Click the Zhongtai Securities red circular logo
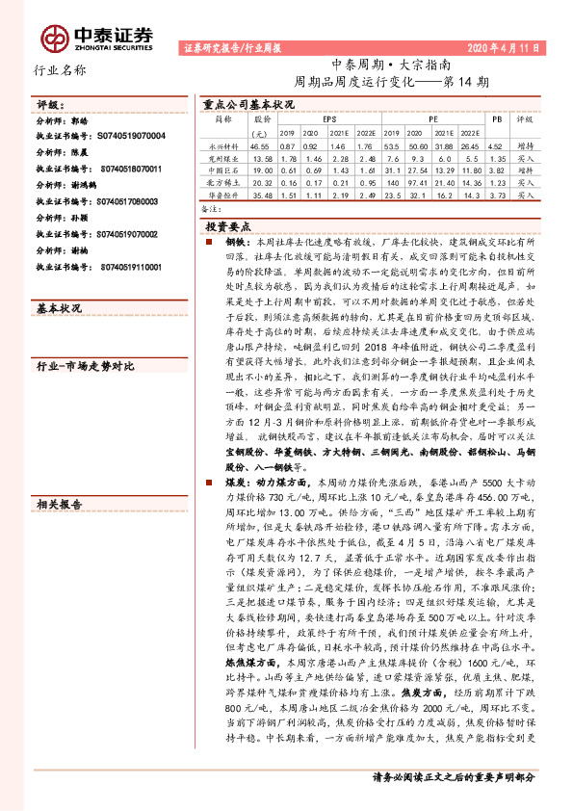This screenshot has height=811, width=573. [55, 37]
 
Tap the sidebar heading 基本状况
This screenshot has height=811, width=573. [59, 308]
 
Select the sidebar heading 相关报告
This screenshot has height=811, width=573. [59, 504]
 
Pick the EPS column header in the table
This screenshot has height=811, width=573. [317, 119]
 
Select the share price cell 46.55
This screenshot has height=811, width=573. [262, 144]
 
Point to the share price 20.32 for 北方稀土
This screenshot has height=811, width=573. [262, 182]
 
